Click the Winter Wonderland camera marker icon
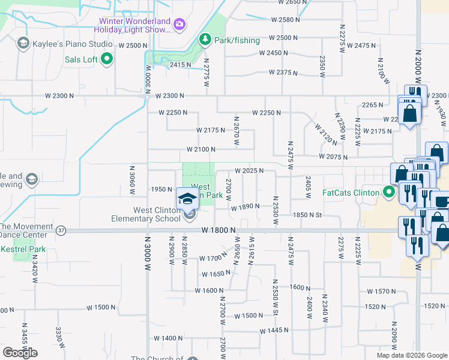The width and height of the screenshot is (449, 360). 179,25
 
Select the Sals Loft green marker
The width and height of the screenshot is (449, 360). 107,59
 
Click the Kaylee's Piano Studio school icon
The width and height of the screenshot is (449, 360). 23,43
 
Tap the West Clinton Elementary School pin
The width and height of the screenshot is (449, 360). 187,198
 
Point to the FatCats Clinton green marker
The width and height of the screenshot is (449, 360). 389,193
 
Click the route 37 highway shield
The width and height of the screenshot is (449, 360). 61,230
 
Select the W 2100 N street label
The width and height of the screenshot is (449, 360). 201,149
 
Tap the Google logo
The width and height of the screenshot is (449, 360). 20,353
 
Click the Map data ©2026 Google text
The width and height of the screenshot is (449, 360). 411,355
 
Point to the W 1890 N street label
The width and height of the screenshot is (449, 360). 245,206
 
